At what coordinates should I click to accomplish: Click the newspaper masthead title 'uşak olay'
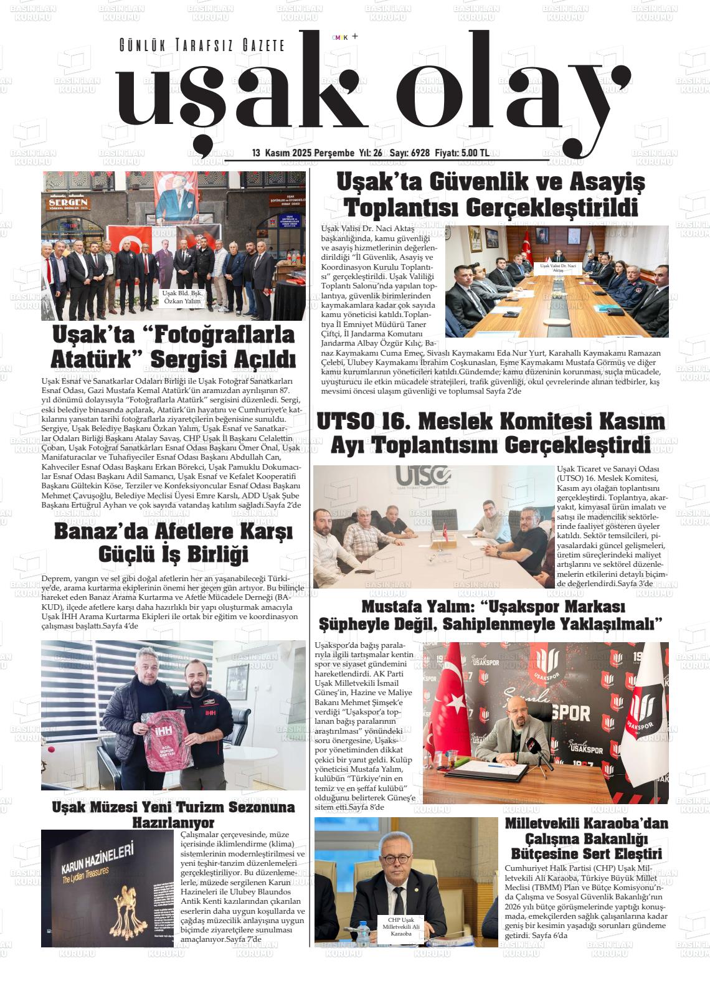tap(367, 93)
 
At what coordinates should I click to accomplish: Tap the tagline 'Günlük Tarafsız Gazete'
tap(202, 45)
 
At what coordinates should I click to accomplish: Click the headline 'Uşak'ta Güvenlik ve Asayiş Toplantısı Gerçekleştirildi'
tap(491, 194)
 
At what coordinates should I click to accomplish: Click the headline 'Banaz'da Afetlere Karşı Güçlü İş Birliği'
tap(173, 543)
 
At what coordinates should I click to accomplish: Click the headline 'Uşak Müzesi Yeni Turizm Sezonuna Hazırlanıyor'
tap(173, 815)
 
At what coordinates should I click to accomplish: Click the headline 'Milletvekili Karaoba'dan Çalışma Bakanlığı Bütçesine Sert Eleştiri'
tap(586, 838)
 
